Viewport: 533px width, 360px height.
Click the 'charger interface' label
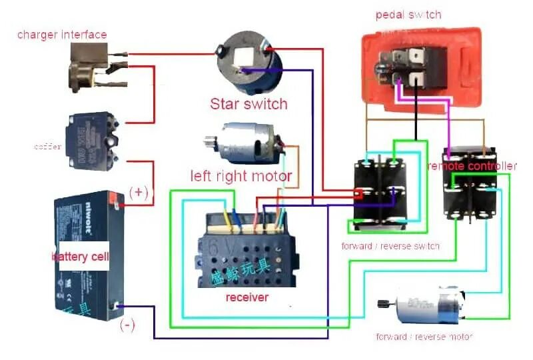(62, 35)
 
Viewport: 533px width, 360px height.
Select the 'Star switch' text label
(249, 104)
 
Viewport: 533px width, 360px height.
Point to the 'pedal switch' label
(408, 14)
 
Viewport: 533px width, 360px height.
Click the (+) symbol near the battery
(139, 192)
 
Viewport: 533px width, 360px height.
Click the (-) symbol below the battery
(127, 326)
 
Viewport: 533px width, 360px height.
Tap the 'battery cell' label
(79, 257)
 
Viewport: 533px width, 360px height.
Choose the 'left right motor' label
(241, 176)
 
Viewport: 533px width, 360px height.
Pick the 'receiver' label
(247, 297)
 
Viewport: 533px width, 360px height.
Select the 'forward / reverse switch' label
(390, 246)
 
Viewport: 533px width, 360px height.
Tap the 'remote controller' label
(472, 166)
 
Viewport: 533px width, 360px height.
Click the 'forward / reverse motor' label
(424, 337)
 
